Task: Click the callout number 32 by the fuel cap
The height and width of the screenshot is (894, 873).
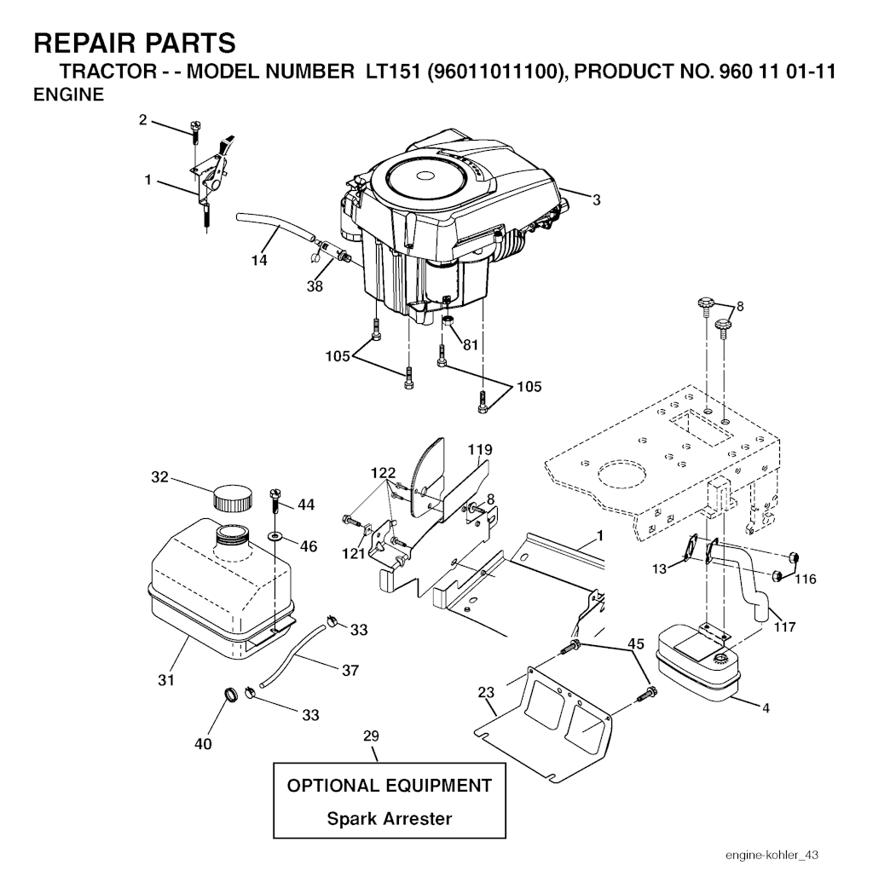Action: click(160, 476)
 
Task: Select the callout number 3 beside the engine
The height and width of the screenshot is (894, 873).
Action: click(597, 200)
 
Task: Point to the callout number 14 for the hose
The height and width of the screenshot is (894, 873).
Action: click(259, 260)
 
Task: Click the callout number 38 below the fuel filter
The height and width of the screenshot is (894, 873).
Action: click(315, 286)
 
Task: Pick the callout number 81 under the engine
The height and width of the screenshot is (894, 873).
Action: click(471, 345)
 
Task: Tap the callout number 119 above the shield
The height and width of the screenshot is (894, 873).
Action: click(480, 449)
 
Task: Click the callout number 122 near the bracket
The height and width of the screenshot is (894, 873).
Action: click(383, 473)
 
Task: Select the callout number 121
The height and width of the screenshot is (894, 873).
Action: click(354, 553)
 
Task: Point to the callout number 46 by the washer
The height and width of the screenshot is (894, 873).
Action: click(309, 546)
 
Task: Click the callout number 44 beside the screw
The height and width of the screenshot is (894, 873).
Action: click(306, 505)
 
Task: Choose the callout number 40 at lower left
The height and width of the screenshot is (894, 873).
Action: click(203, 743)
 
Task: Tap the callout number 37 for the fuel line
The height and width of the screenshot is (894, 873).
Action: click(350, 670)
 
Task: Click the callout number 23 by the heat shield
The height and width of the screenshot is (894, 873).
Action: click(486, 692)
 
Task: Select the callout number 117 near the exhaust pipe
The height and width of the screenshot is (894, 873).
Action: click(784, 626)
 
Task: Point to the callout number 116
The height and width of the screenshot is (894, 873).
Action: click(805, 580)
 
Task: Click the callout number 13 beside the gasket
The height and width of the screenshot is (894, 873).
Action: click(659, 568)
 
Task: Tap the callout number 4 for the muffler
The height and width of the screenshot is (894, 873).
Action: click(766, 707)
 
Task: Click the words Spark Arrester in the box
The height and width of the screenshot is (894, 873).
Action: click(390, 819)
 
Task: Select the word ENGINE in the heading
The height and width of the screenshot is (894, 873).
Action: click(69, 95)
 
